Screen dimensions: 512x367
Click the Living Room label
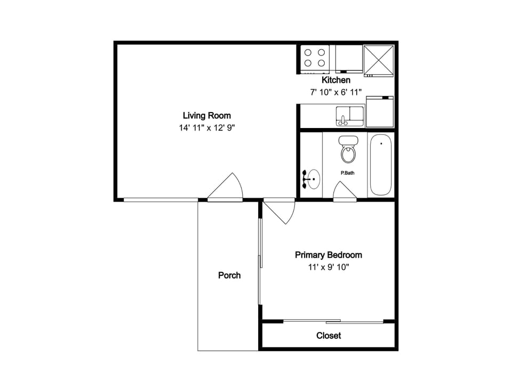click(x=207, y=116)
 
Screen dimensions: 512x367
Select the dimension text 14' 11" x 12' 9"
click(x=207, y=127)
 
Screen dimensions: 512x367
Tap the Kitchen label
click(x=336, y=80)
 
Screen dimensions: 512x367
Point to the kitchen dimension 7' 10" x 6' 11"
click(x=335, y=92)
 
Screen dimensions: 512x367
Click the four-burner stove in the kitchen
click(x=315, y=59)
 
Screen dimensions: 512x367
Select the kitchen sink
click(x=350, y=116)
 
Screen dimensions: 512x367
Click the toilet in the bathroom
click(x=348, y=149)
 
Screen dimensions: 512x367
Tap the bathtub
click(x=381, y=165)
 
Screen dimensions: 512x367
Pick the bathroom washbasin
click(x=312, y=179)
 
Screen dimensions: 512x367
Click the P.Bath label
click(x=347, y=173)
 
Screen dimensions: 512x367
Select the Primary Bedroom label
click(x=329, y=255)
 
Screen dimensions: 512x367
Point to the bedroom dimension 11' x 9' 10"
click(x=329, y=267)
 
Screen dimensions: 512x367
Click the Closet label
click(x=329, y=336)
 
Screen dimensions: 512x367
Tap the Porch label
click(x=229, y=276)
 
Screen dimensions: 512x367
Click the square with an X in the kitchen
click(x=379, y=61)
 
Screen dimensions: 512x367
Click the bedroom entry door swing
click(x=279, y=211)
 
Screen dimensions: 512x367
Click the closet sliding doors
click(x=333, y=322)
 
